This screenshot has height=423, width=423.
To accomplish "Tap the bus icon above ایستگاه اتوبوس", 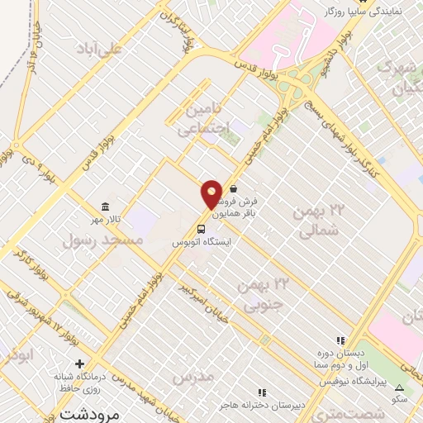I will coord(202,229).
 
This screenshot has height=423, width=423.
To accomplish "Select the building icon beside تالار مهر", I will coord(104,207).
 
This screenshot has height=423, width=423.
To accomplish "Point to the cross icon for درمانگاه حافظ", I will coord(80,364).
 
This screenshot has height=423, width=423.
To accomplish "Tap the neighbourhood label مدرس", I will coord(192,377).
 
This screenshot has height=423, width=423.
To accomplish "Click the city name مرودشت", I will coord(81,411).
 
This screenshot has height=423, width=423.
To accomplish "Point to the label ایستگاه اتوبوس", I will coord(202,243).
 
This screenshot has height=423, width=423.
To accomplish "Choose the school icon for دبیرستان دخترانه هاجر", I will coord(262,392).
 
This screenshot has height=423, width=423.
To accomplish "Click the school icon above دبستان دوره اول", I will coord(339,340).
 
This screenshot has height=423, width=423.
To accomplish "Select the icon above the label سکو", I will coord(400,387).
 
